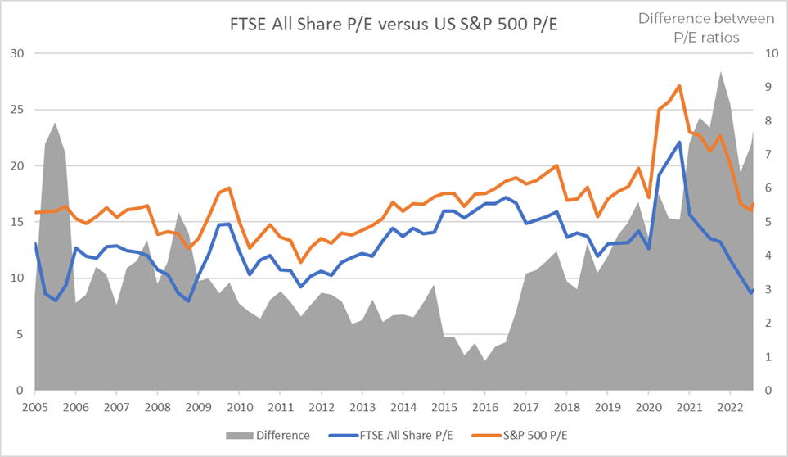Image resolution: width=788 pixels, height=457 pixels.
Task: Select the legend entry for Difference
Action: pyautogui.click(x=278, y=435)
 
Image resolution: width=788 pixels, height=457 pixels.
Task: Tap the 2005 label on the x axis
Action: pyautogui.click(x=34, y=407)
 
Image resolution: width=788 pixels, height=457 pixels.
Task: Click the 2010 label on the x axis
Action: pyautogui.click(x=239, y=407)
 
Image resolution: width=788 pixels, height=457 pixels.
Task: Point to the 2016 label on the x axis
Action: pyautogui.click(x=484, y=407)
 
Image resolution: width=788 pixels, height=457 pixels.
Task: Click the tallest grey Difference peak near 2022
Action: pyautogui.click(x=720, y=72)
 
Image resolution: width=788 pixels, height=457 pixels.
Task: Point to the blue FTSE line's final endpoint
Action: pyautogui.click(x=751, y=292)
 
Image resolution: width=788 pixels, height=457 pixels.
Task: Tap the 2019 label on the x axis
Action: pyautogui.click(x=607, y=407)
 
